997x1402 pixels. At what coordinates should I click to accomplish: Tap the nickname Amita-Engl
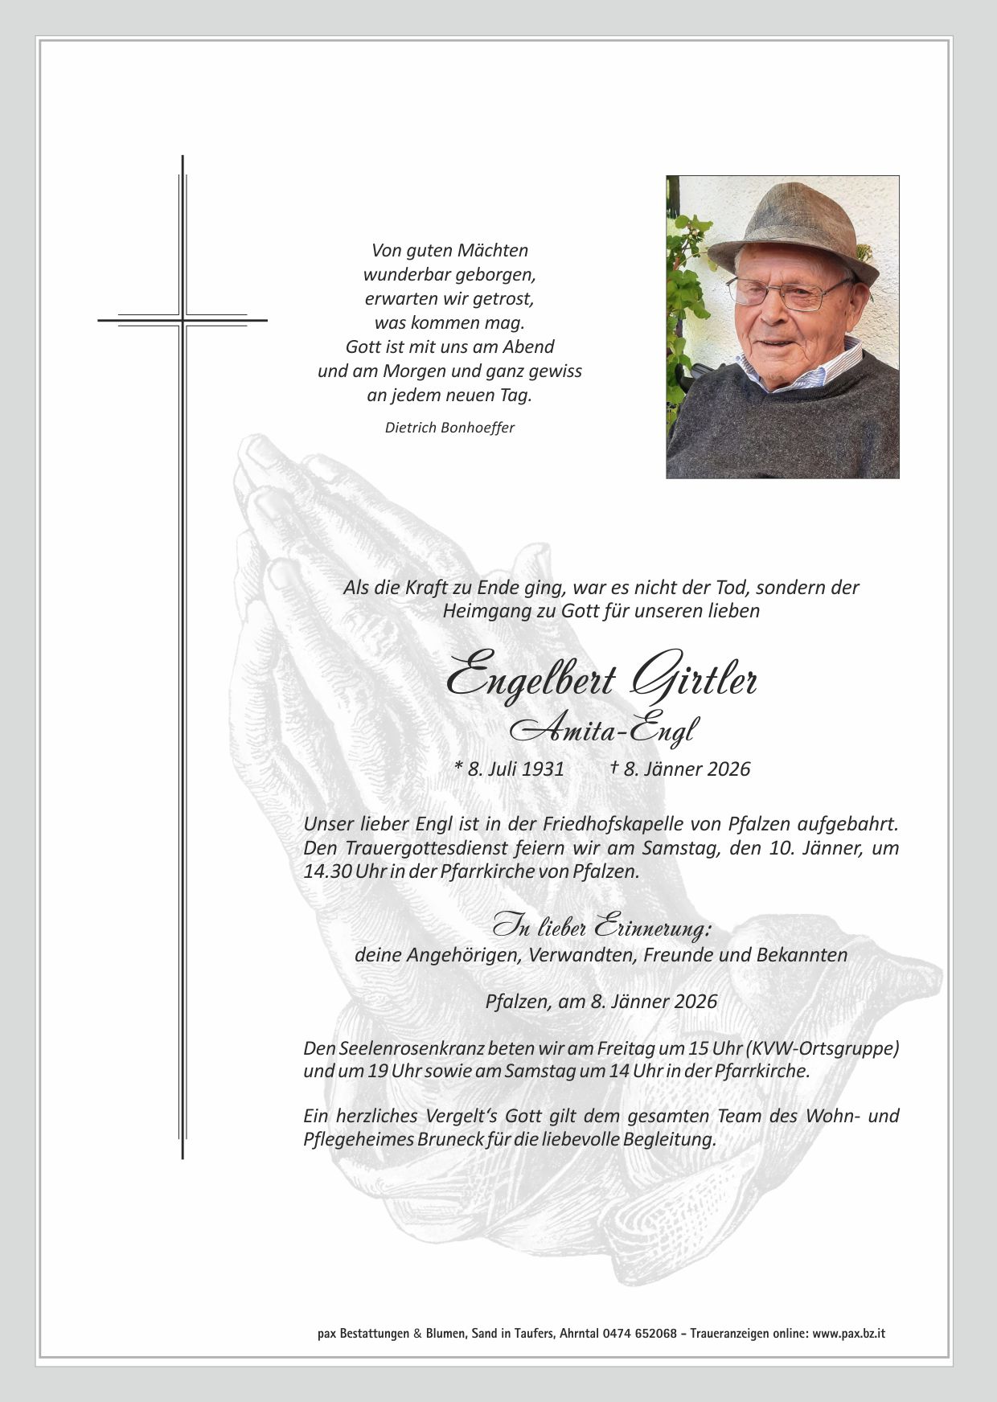(603, 728)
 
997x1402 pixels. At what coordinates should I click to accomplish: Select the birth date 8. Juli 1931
(510, 769)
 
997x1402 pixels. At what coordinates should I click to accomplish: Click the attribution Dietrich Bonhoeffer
(449, 428)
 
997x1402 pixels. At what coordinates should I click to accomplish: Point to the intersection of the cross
(183, 320)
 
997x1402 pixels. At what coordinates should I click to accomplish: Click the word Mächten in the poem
(495, 250)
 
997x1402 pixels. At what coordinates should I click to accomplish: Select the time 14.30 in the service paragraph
(327, 871)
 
